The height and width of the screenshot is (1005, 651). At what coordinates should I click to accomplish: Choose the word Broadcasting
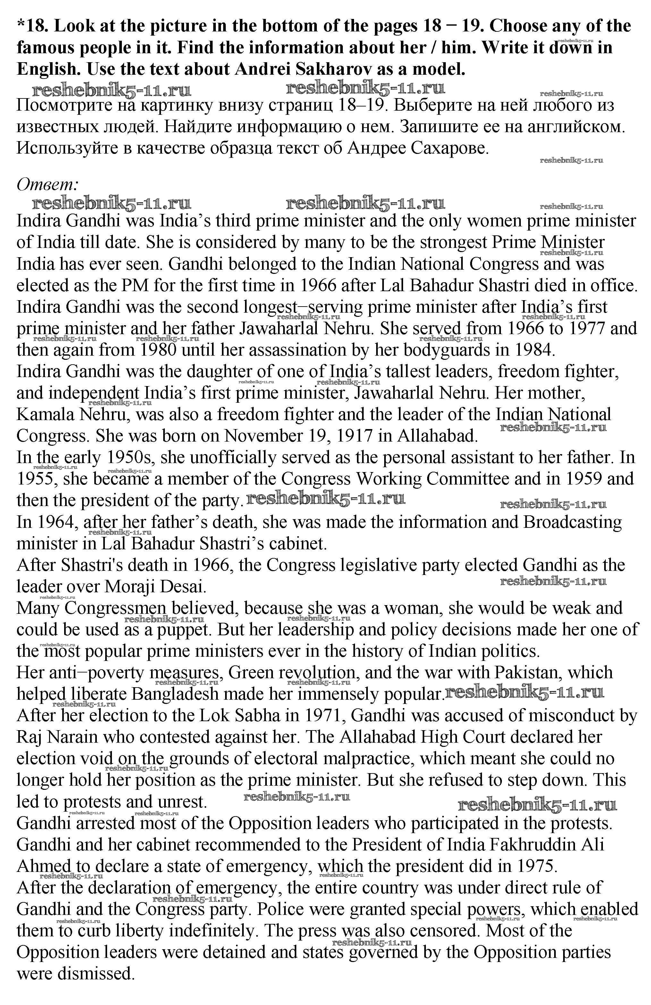[572, 522]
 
